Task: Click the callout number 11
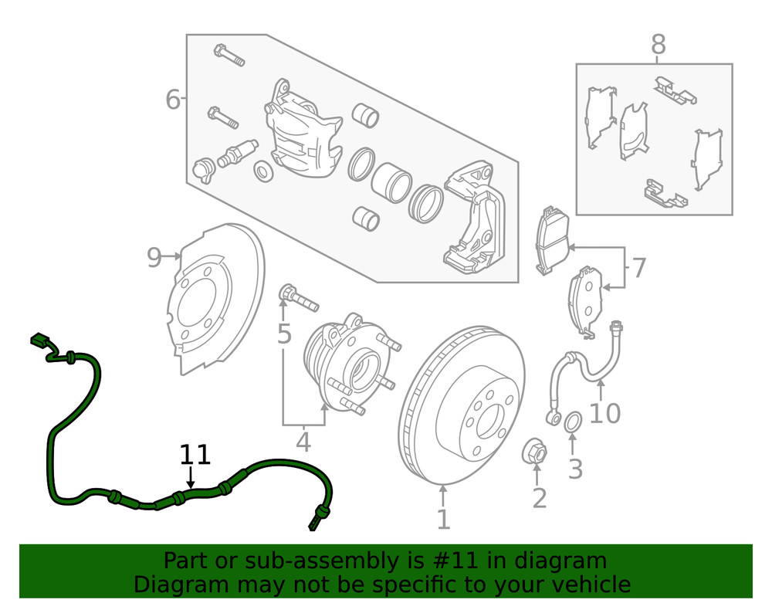point(195,455)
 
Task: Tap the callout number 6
point(173,100)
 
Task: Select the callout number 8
point(658,46)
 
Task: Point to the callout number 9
point(154,258)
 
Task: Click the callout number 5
point(284,334)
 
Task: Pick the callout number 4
point(303,442)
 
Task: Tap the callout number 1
point(443,519)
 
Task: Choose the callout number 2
point(539,498)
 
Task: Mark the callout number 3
point(575,468)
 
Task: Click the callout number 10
point(604,414)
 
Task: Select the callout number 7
point(638,269)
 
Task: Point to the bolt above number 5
point(296,297)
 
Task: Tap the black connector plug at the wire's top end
point(39,340)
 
